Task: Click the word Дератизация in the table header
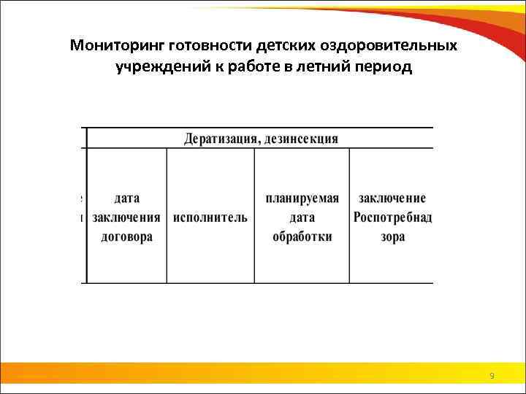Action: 218,138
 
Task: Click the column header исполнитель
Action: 210,217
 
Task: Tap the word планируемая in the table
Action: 302,198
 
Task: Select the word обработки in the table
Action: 302,236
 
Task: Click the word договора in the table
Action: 127,236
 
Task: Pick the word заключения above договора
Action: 127,217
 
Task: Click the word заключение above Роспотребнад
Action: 392,198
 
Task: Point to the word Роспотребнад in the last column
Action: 392,217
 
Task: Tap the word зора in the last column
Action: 392,236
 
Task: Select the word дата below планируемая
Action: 302,217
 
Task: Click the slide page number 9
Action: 492,376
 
